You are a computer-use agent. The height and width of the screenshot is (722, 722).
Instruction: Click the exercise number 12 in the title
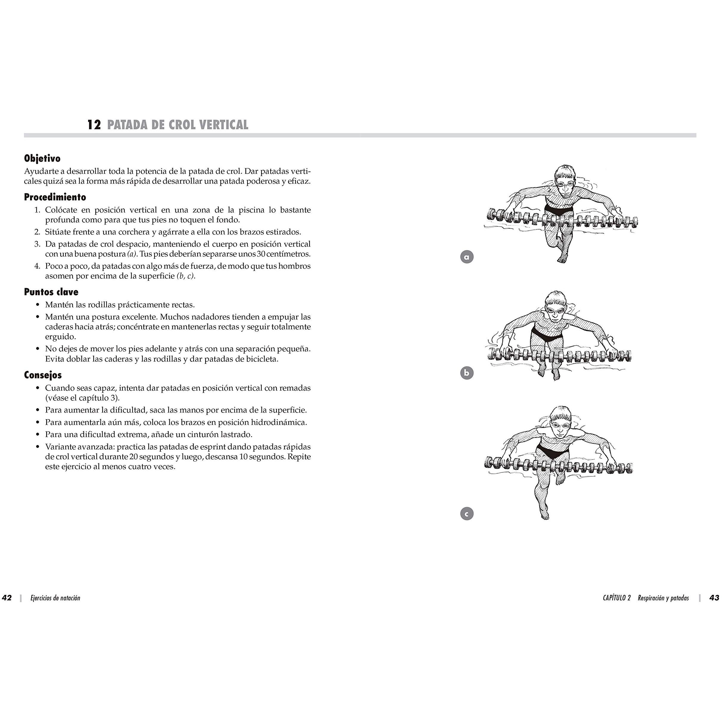[x=94, y=125]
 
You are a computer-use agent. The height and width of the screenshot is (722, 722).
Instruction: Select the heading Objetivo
[x=42, y=158]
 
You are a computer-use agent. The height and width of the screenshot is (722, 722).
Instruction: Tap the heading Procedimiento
[x=55, y=197]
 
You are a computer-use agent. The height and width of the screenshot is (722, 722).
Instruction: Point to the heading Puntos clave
[x=51, y=292]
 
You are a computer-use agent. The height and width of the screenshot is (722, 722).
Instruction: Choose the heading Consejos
[x=43, y=375]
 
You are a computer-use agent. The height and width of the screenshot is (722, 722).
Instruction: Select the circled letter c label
[x=467, y=514]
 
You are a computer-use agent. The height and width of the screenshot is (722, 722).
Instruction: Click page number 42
[x=7, y=598]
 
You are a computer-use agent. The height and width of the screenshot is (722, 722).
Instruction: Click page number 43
[x=714, y=598]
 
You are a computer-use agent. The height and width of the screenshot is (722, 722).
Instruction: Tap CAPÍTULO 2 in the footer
[x=617, y=598]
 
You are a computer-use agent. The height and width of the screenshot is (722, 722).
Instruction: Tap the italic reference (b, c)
[x=186, y=276]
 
